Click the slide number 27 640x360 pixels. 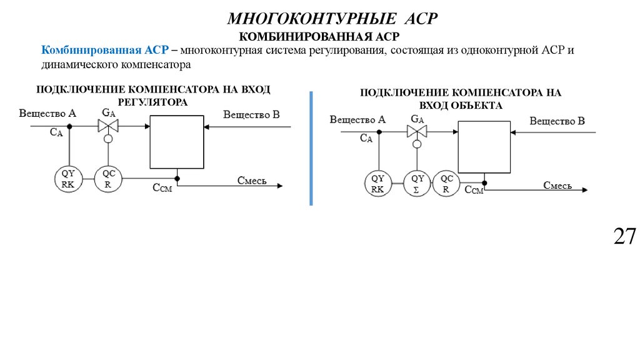coord(624,237)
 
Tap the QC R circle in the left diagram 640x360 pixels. coord(108,179)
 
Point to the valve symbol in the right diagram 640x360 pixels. coord(416,131)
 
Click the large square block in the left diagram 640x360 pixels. coord(176,142)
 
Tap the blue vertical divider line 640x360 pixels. coord(311,147)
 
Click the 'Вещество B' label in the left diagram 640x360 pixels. coord(251,114)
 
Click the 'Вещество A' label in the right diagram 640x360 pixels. coord(357,119)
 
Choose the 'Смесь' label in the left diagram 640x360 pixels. coord(252,181)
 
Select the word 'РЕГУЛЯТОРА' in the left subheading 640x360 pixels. coord(153,101)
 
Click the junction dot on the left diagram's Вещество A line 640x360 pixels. coord(69,126)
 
